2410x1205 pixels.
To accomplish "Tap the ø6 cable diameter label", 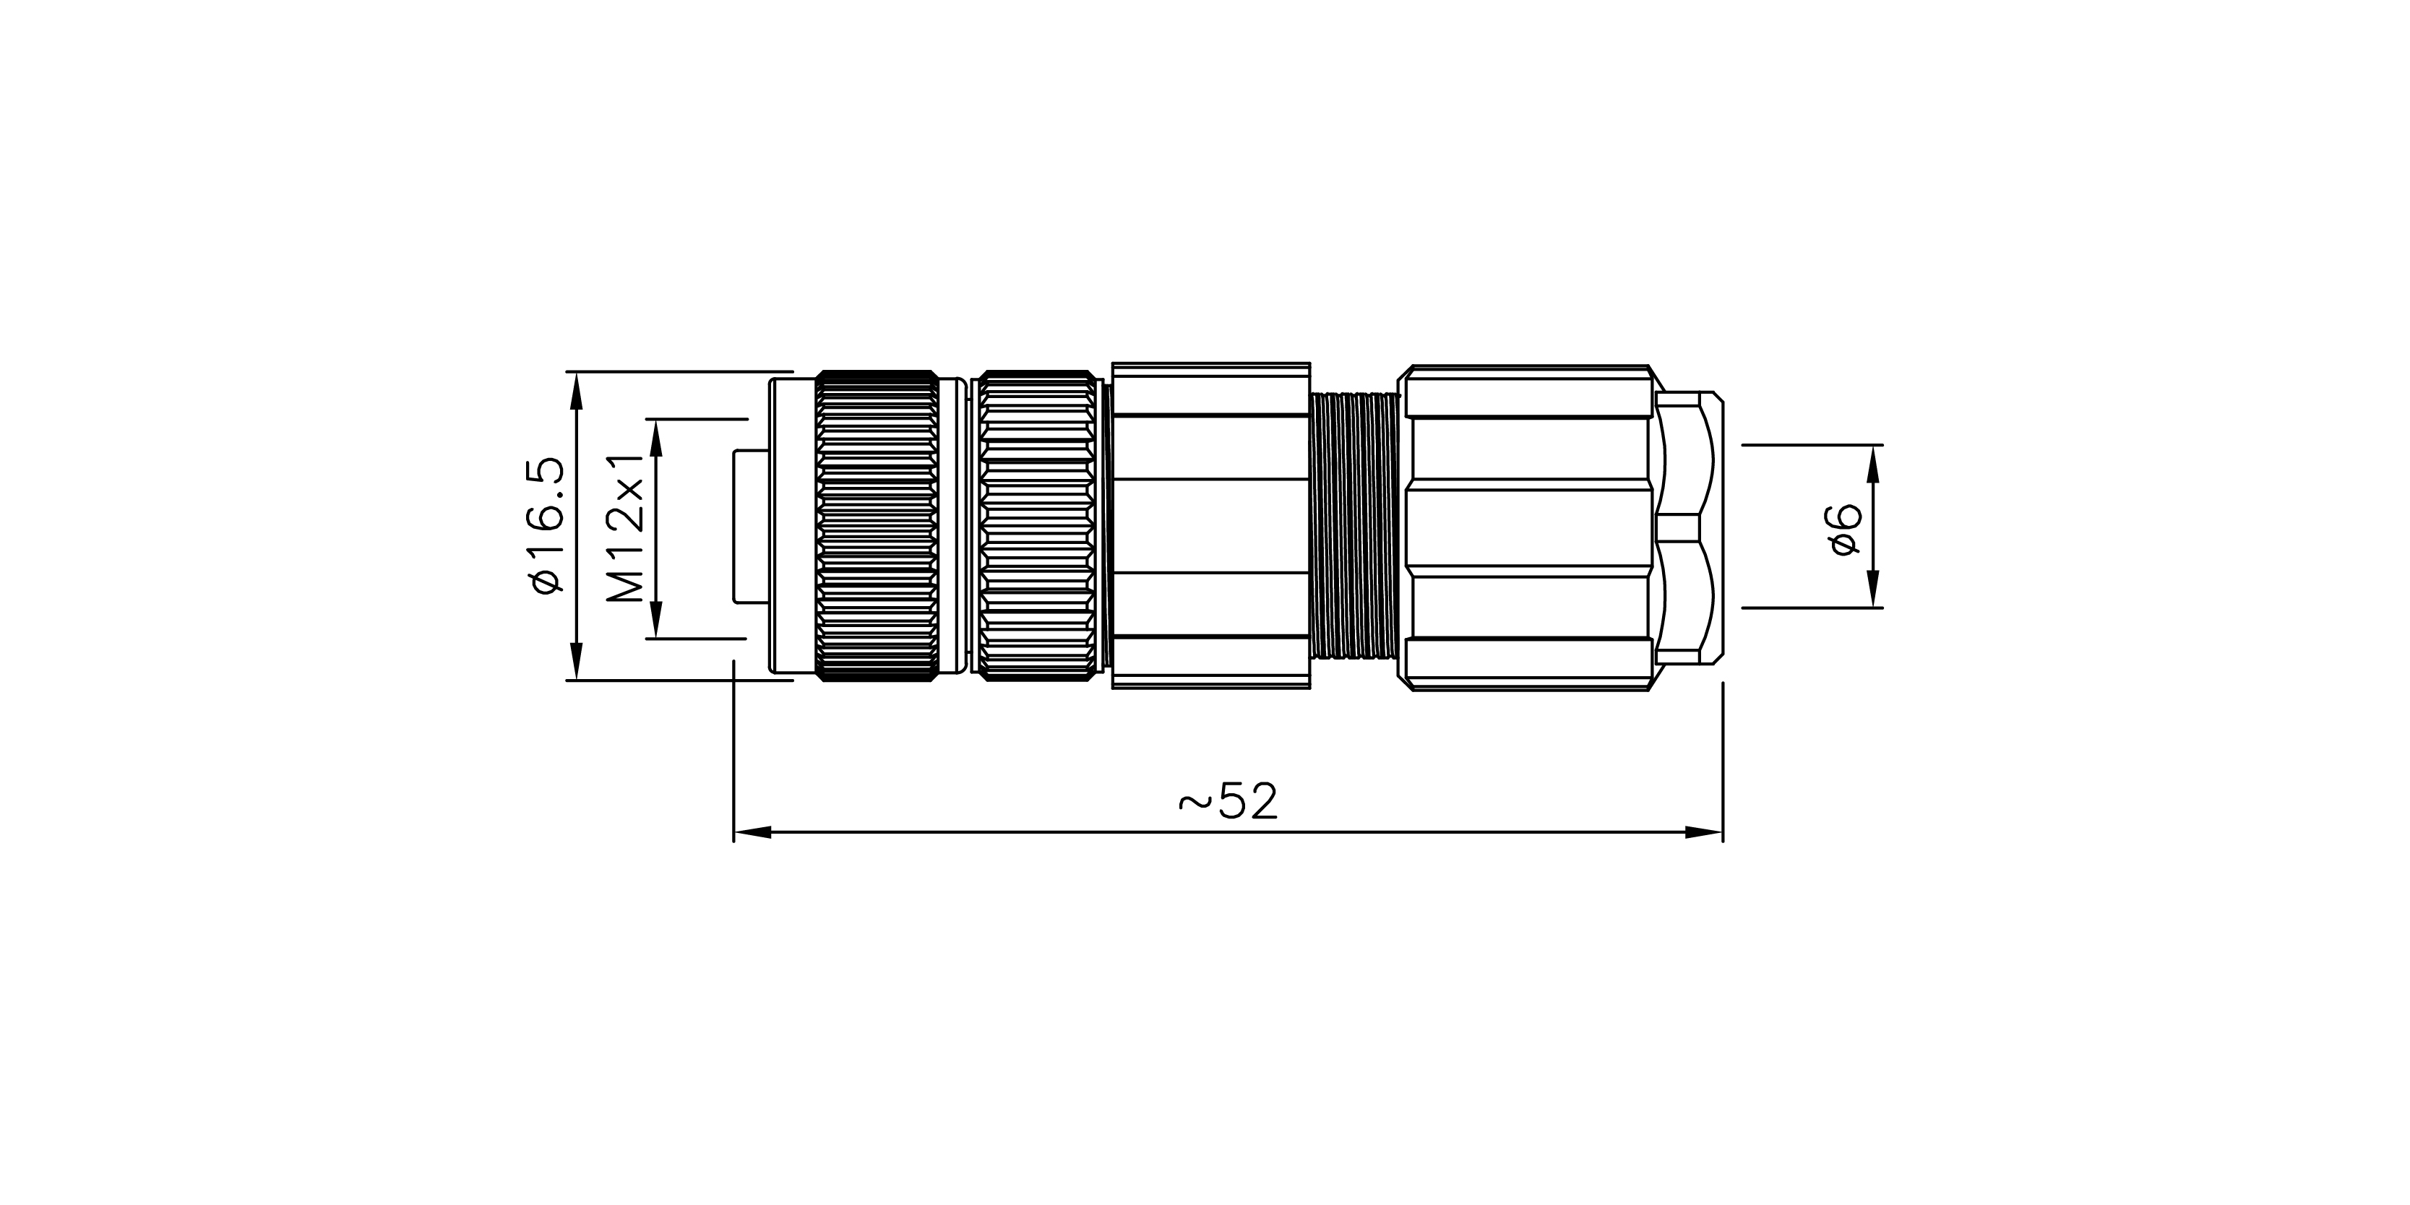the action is tap(1845, 530).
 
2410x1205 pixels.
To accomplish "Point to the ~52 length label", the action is tap(1228, 802).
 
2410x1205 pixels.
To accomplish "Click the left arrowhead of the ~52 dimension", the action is tap(752, 832).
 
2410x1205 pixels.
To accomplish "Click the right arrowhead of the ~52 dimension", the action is tap(1704, 832).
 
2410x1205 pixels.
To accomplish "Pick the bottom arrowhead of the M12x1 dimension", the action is tap(655, 619).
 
